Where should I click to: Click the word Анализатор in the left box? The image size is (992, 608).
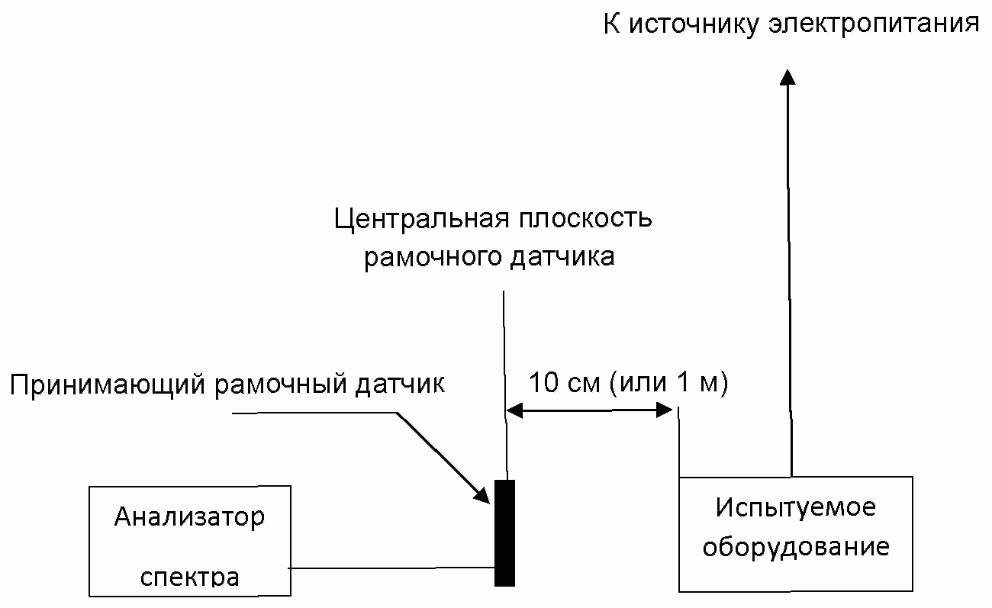[x=189, y=517]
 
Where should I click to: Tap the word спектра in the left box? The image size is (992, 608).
[x=189, y=576]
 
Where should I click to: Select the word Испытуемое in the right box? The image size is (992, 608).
[x=795, y=507]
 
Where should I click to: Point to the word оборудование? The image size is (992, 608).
[x=796, y=548]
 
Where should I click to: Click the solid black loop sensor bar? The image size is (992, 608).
[x=504, y=532]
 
